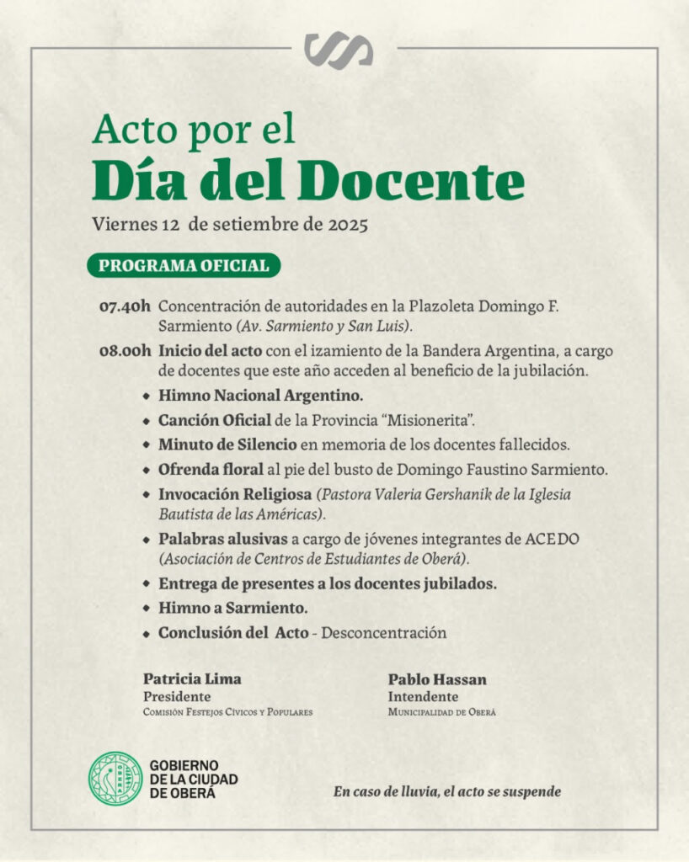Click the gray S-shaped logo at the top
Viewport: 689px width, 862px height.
(x=339, y=51)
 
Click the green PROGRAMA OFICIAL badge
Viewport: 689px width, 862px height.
(x=184, y=266)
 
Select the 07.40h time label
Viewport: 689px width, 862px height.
(x=125, y=306)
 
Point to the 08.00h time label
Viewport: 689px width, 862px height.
(x=125, y=350)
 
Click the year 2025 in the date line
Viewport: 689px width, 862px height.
(x=347, y=225)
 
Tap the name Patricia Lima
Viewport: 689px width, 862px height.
(x=192, y=679)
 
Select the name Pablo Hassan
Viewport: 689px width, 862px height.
(x=437, y=679)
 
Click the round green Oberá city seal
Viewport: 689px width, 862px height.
(x=116, y=778)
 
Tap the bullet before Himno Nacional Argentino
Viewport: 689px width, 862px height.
(x=147, y=395)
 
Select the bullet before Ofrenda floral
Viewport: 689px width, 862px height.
(x=147, y=469)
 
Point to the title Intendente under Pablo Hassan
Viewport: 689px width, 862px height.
(x=423, y=696)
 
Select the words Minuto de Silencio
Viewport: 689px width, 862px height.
(x=227, y=444)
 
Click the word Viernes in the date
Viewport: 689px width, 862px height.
(x=124, y=225)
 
